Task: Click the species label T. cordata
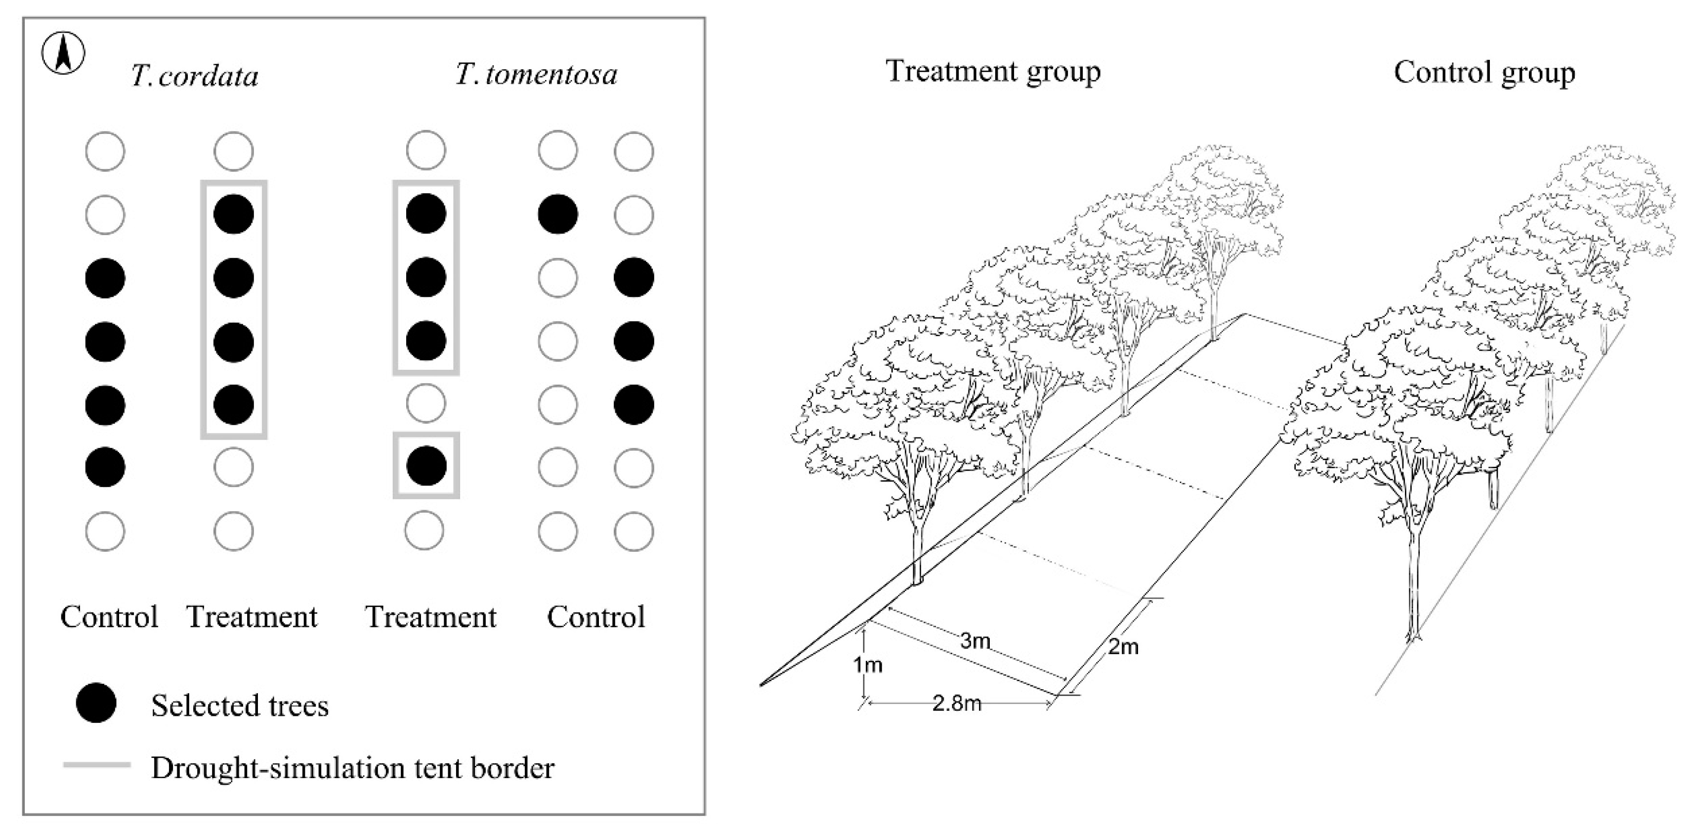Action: click(x=195, y=76)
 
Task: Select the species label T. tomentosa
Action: click(x=536, y=74)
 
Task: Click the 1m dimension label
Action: click(x=868, y=665)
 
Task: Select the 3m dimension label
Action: click(x=974, y=640)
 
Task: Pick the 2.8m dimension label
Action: click(x=956, y=703)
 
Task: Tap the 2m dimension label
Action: click(x=1123, y=647)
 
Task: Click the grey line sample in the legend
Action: click(x=97, y=765)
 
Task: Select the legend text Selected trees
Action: click(x=240, y=705)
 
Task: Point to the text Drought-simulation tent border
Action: click(x=353, y=768)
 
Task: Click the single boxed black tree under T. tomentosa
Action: click(x=426, y=466)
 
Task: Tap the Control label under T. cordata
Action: click(x=109, y=616)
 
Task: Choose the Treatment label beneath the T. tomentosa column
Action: click(x=430, y=616)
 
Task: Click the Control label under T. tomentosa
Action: click(x=596, y=616)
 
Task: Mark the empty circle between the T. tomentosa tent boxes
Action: click(x=426, y=403)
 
